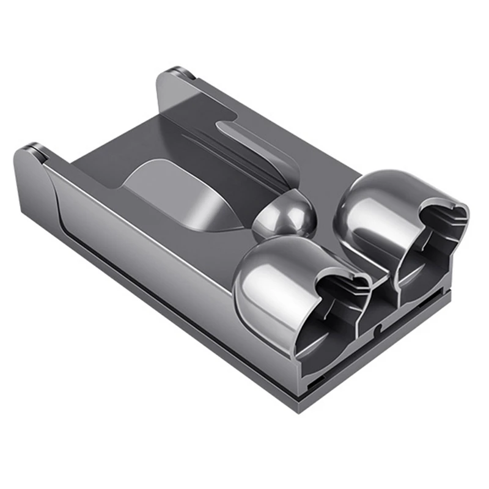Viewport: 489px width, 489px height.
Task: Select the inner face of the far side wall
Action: (x=202, y=104)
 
